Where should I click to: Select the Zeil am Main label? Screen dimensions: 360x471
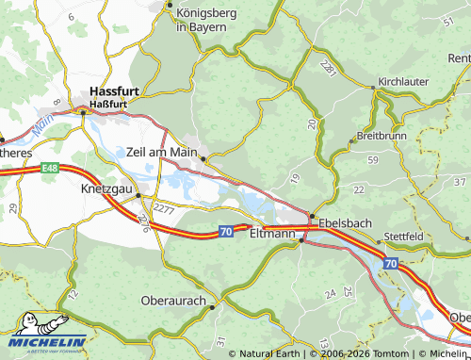[x=161, y=151]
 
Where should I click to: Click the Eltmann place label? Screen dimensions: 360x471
[x=272, y=235]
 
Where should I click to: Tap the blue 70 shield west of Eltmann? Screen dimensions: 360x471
[x=226, y=230]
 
